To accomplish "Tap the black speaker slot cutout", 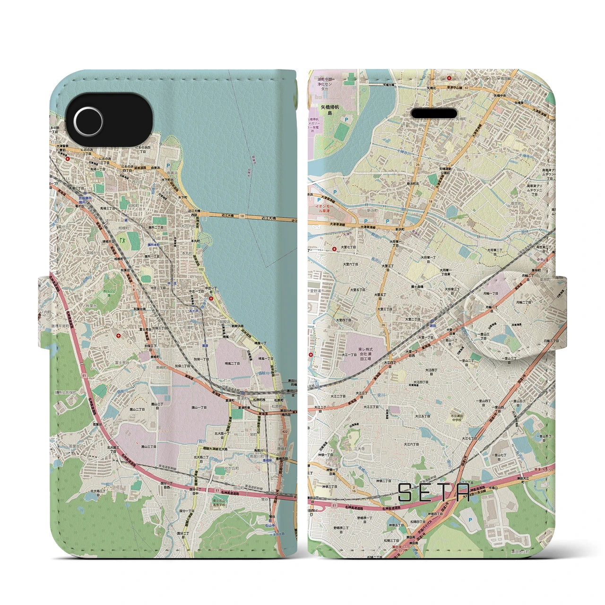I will coord(434,113).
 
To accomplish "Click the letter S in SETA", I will coord(406,493).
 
